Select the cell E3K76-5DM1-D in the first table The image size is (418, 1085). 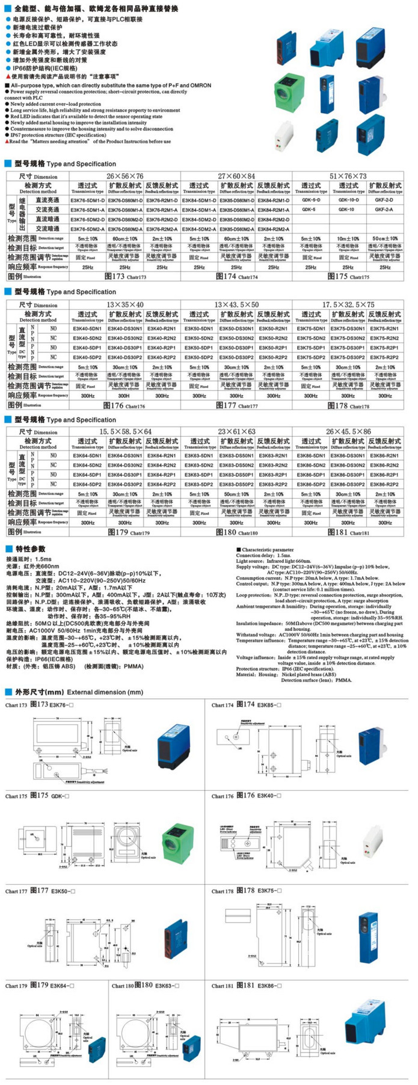coord(87,200)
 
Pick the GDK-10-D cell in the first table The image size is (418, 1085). coord(348,200)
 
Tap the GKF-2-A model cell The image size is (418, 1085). coord(384,210)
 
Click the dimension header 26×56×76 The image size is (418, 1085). coord(125,176)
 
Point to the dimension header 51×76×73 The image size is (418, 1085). coord(348,176)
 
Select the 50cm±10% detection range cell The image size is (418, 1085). coord(384,239)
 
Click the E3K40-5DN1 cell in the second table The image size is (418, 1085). coord(87,329)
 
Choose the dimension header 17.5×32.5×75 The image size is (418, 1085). coord(348,305)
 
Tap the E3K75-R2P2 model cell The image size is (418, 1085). coord(384,357)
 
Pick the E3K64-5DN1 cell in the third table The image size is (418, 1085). coord(87,456)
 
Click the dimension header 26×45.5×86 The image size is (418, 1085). coord(348,432)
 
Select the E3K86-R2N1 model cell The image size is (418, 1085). coord(384,456)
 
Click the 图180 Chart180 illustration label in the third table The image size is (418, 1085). coord(236,532)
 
